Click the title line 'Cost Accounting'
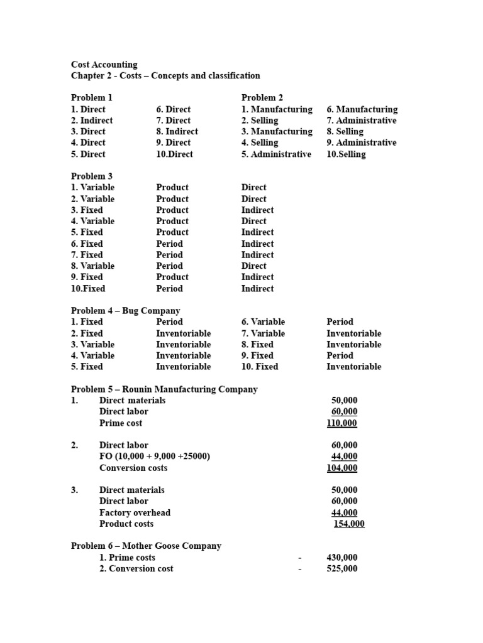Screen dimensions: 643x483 click(104, 64)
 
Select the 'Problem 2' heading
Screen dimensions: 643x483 click(262, 97)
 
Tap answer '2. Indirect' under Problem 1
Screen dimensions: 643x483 click(92, 120)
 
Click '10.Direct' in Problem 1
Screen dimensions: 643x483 click(175, 154)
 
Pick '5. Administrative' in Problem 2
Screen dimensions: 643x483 click(276, 154)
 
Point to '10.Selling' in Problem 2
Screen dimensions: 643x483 click(346, 154)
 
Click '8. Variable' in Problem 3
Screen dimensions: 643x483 click(93, 266)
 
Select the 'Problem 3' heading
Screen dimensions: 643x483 click(92, 176)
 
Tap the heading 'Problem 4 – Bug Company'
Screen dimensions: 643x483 click(125, 310)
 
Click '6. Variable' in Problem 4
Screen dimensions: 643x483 click(263, 321)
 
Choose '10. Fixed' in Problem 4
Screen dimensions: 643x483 click(260, 367)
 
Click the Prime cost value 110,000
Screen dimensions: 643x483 click(341, 423)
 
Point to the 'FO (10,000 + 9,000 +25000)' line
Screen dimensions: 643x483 click(155, 457)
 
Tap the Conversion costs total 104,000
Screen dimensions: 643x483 click(341, 468)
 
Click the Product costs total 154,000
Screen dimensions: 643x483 click(349, 524)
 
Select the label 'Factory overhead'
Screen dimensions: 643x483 click(135, 512)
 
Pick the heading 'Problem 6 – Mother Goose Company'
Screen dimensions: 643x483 click(146, 546)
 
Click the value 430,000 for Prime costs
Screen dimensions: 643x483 click(341, 557)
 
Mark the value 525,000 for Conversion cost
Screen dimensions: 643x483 click(341, 568)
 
